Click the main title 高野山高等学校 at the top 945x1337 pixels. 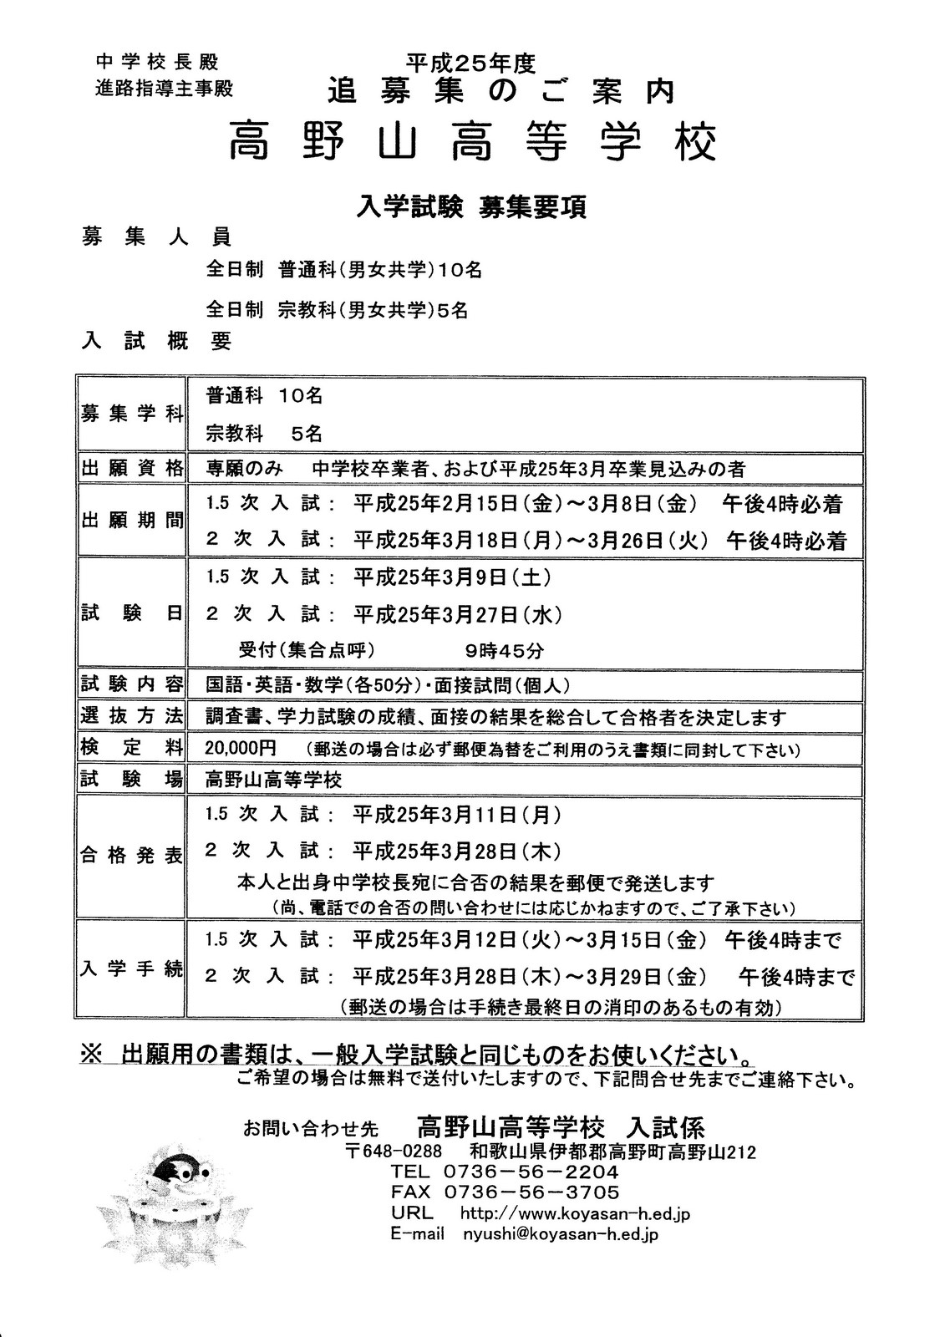pyautogui.click(x=472, y=142)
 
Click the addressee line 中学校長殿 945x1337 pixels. pyautogui.click(x=157, y=62)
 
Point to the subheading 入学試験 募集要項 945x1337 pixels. pyautogui.click(x=472, y=206)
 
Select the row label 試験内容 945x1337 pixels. pyautogui.click(x=131, y=684)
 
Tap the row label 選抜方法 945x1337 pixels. pyautogui.click(x=131, y=716)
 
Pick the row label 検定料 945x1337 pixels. pyautogui.click(x=131, y=747)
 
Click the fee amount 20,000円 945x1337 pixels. pyautogui.click(x=241, y=747)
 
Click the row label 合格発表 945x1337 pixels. pyautogui.click(x=131, y=857)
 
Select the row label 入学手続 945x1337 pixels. pyautogui.click(x=131, y=969)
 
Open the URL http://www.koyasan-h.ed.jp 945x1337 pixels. pyautogui.click(x=575, y=1213)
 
